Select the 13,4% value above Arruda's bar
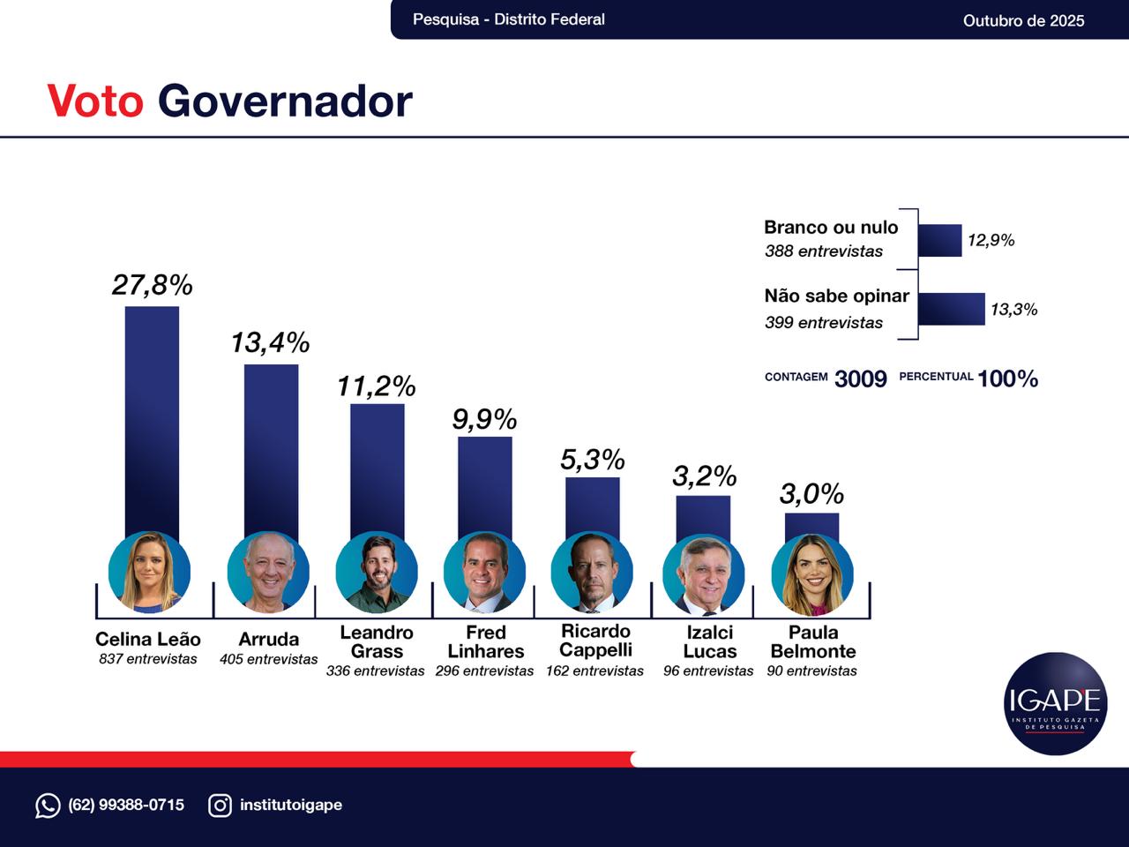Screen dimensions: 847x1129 coord(270,342)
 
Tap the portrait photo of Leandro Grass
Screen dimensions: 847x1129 coord(377,573)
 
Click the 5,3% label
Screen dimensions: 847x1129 coord(593,460)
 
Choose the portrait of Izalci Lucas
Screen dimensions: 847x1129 coord(703,574)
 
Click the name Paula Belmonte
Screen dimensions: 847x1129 coord(812,641)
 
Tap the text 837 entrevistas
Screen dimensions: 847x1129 coord(148,659)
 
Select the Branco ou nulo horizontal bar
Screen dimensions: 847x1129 coord(939,240)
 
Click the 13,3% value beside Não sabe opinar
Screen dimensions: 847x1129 coord(1013,310)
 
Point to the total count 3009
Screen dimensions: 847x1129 coord(860,379)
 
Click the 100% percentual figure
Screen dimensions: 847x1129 coord(1007,379)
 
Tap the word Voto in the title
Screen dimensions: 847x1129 coord(95,101)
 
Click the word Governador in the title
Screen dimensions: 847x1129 coord(285,101)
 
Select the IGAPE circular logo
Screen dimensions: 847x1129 coord(1055,703)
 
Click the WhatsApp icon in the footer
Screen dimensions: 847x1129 coord(48,805)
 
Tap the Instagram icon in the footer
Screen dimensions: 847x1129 coord(220,805)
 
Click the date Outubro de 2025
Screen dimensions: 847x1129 coord(1023,20)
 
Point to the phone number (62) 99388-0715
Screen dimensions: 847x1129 coord(126,805)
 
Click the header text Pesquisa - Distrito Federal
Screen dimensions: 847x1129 coord(509,19)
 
